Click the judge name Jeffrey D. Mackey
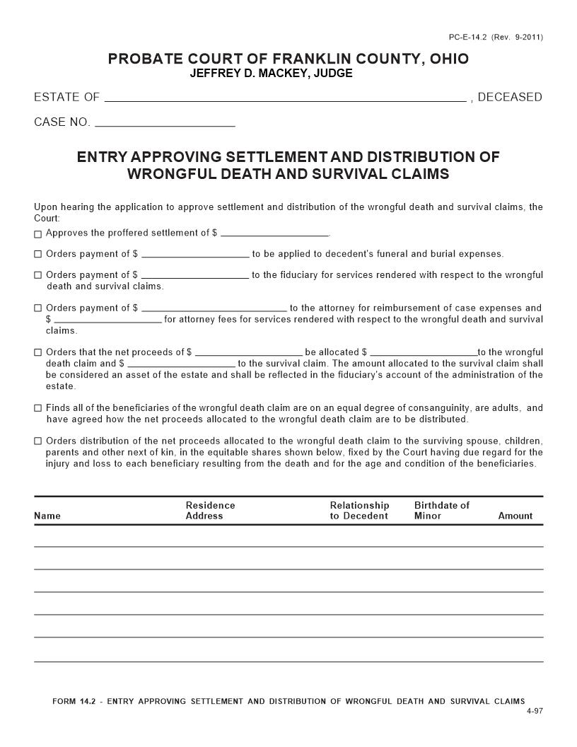click(271, 74)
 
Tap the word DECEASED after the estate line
click(510, 98)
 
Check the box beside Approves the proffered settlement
click(38, 234)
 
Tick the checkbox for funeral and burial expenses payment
click(38, 255)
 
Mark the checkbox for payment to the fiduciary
click(38, 276)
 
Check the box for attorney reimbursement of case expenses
click(38, 309)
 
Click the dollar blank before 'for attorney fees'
click(107, 320)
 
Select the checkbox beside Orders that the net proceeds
click(38, 353)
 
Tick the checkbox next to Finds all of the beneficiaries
click(38, 409)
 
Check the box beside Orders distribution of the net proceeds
click(38, 442)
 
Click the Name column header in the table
click(47, 516)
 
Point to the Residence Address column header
click(210, 511)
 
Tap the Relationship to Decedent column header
click(359, 511)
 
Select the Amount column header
click(515, 516)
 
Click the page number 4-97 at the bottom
click(535, 710)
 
